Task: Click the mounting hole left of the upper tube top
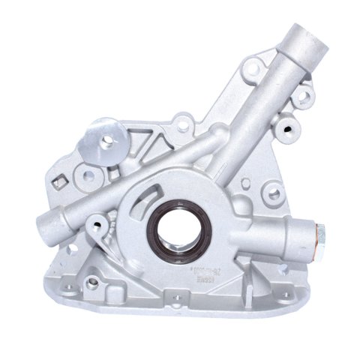pyautogui.click(x=253, y=69)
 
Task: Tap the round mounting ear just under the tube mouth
pyautogui.click(x=303, y=95)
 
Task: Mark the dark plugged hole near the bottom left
pyautogui.click(x=92, y=283)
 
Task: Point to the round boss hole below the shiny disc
pyautogui.click(x=88, y=175)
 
